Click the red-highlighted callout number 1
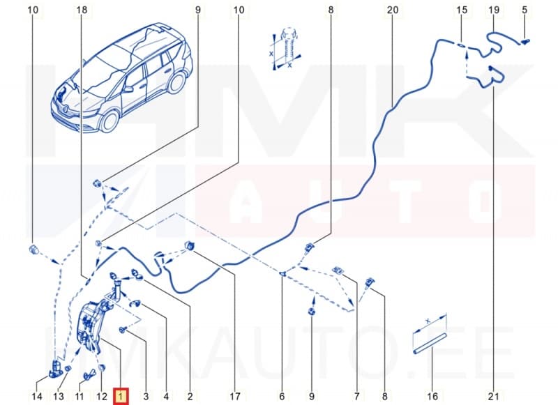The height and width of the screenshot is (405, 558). point(121,397)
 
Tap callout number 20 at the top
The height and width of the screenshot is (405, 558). point(392,10)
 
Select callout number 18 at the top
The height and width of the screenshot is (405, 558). point(82,10)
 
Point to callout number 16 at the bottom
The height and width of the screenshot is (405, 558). point(432,397)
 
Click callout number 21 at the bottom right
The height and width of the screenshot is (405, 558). point(494,397)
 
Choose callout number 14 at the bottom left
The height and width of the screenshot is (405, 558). point(36,397)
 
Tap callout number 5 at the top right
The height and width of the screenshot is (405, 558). point(525,10)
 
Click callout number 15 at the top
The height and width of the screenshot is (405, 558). point(461,10)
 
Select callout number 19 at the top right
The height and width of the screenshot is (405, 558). point(494,10)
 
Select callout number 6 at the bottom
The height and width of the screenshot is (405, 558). point(282,397)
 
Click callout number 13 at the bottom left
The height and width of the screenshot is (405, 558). point(59,397)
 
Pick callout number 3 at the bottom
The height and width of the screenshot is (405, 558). point(146,397)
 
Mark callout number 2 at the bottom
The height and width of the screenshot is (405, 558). point(189,397)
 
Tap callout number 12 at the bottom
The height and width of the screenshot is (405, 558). point(100,397)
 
